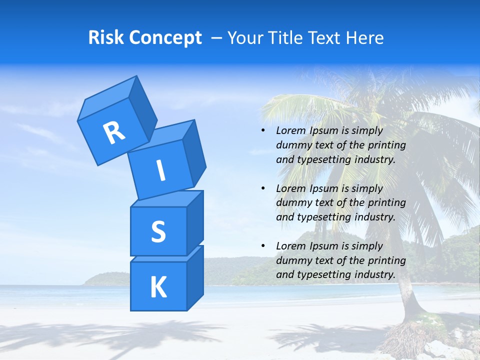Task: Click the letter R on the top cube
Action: (114, 133)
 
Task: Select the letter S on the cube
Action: (158, 231)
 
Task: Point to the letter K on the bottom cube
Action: (158, 287)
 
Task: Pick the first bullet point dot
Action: (262, 131)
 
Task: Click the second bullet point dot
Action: (262, 189)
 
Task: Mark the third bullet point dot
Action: (262, 246)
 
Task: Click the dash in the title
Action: (217, 38)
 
